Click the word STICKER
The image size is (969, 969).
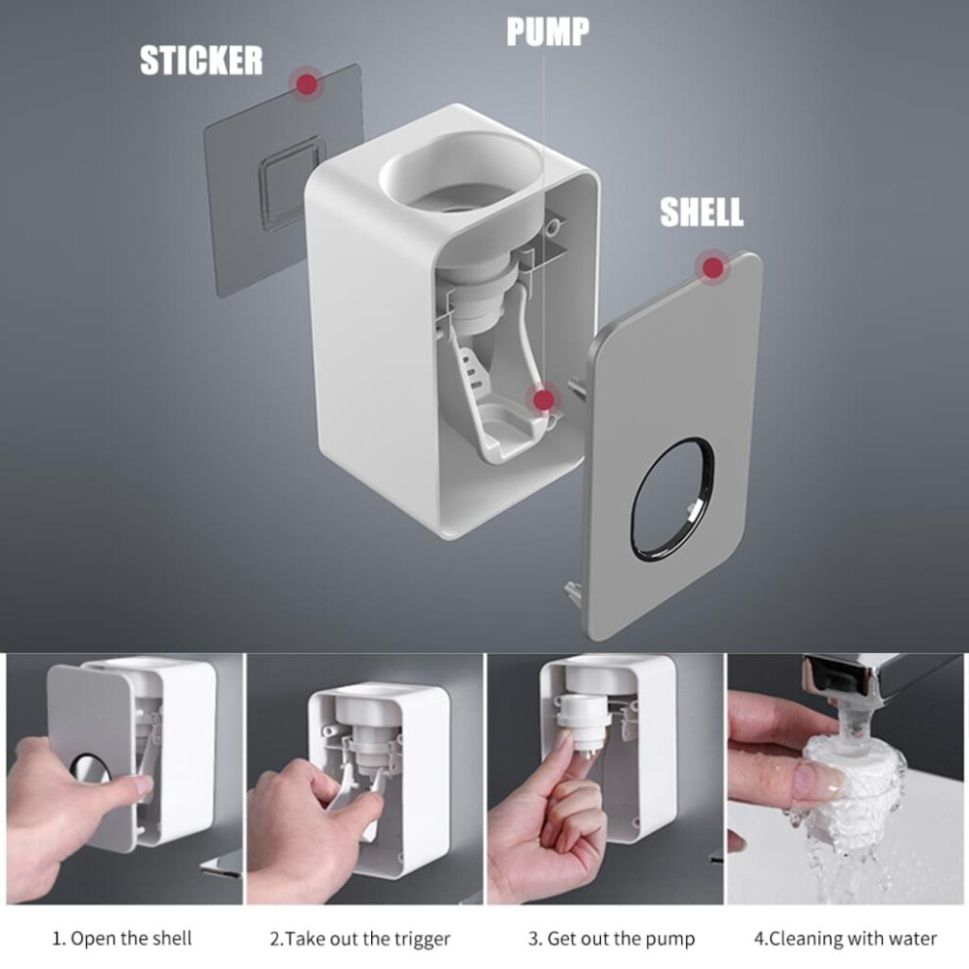point(201,61)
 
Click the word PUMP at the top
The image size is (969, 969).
point(547,31)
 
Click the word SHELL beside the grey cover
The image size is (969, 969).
point(702,212)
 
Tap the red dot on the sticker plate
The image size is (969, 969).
point(307,83)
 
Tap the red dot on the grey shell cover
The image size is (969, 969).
point(714,267)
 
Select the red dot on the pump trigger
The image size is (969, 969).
point(544,400)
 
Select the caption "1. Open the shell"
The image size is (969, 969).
point(121,938)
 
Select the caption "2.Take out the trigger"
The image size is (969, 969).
point(360,939)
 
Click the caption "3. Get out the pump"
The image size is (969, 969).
point(612,939)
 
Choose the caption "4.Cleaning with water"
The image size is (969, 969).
point(846,939)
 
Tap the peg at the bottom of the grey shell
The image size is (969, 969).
point(571,593)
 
